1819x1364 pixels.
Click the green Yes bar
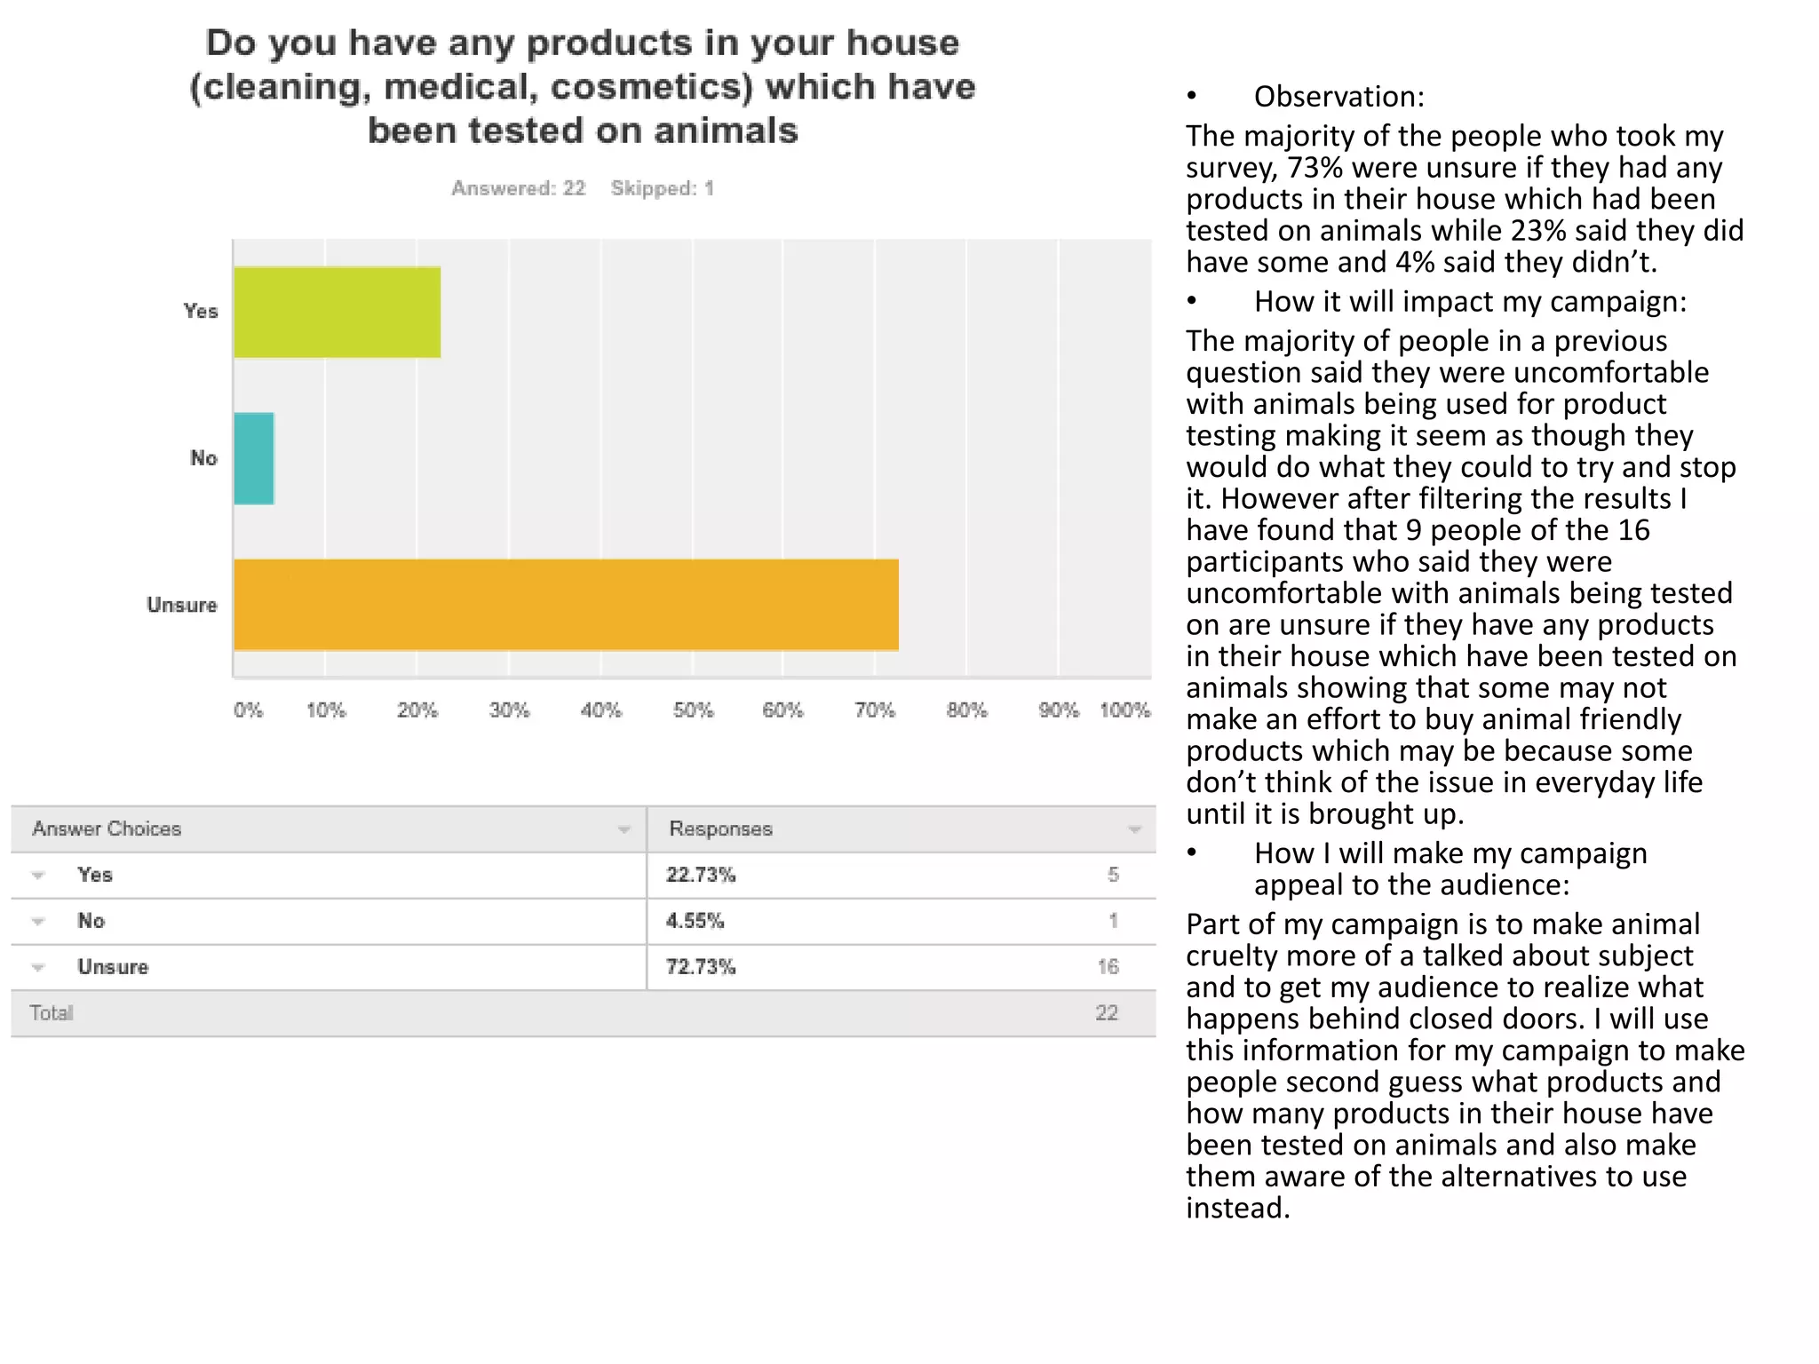point(338,313)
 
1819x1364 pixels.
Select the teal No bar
point(254,458)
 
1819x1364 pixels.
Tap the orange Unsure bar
point(566,605)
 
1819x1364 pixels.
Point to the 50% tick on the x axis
point(693,710)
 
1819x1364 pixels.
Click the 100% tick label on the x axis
point(1124,710)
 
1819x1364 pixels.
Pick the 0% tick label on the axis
point(248,710)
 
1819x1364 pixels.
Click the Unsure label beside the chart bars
point(182,606)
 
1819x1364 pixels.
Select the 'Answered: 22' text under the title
point(518,188)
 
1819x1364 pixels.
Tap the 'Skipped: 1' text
point(662,188)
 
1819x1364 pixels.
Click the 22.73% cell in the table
point(701,876)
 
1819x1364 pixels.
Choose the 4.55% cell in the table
point(695,922)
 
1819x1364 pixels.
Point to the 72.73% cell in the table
point(701,968)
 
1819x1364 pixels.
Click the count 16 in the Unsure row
point(1108,968)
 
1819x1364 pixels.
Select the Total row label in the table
point(52,1013)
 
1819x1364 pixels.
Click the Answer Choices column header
point(107,829)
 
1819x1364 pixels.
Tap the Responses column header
point(720,829)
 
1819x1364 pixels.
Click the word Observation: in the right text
point(1338,97)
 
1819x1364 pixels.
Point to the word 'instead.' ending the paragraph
point(1237,1209)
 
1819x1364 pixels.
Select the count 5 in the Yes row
point(1113,876)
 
